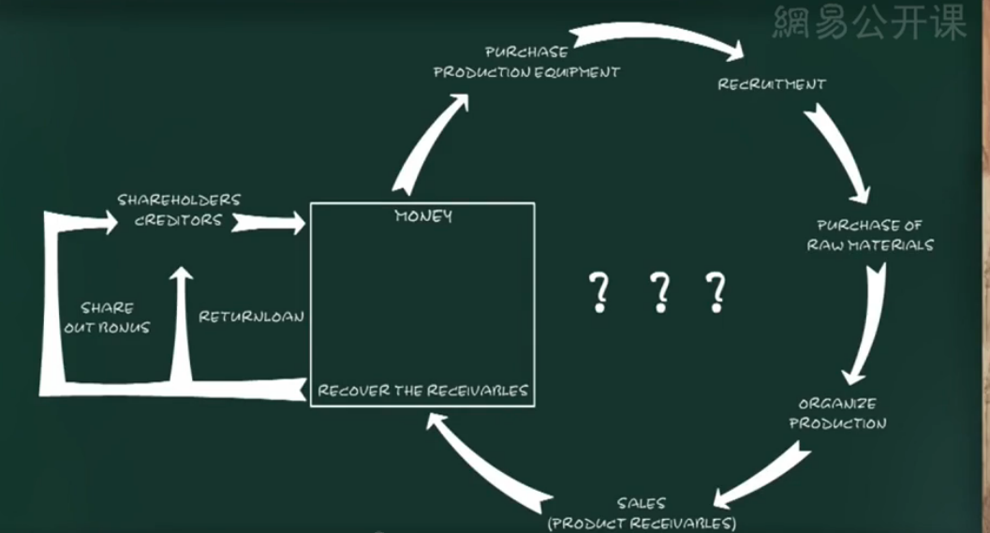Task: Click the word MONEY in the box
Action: [x=423, y=216]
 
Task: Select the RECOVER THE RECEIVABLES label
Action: [x=422, y=391]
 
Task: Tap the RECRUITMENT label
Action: [x=772, y=84]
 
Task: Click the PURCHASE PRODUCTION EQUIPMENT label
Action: [x=526, y=62]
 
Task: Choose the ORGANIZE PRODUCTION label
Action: [x=837, y=413]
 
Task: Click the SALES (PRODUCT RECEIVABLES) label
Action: [x=642, y=513]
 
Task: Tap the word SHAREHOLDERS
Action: [x=179, y=200]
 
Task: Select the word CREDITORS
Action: [x=179, y=220]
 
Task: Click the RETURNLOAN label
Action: [x=251, y=317]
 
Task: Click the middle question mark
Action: [x=660, y=292]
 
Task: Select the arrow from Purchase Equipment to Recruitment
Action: [x=656, y=39]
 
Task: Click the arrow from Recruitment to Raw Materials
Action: [x=836, y=150]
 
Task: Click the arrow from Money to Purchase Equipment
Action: [x=426, y=141]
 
